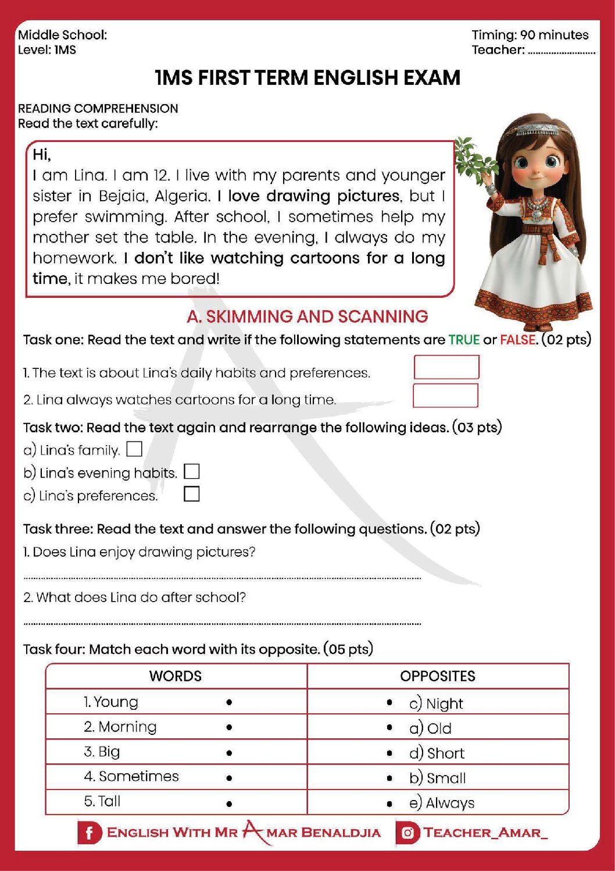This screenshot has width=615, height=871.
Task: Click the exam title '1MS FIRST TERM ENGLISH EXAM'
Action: click(307, 77)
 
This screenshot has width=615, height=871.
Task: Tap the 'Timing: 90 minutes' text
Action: click(530, 35)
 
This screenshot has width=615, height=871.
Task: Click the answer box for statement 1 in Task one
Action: click(446, 367)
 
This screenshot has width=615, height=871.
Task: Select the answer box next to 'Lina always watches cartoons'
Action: click(445, 396)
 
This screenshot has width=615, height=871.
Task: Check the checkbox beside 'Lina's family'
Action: click(134, 449)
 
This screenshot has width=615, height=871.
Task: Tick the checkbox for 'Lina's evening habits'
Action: click(191, 471)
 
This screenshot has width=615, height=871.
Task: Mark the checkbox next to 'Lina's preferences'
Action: click(191, 494)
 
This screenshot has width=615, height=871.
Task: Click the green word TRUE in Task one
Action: click(464, 340)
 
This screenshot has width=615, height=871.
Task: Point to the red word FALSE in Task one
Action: click(518, 340)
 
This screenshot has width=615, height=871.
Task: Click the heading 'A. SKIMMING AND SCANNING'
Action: click(307, 317)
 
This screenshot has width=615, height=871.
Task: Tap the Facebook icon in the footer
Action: click(89, 833)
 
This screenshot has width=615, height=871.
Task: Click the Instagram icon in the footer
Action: click(407, 833)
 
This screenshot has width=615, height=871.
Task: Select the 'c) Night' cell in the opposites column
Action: click(436, 703)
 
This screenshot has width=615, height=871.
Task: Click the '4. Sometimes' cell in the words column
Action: click(131, 776)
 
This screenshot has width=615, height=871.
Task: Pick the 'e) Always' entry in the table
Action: click(442, 803)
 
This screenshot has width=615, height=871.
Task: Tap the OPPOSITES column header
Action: click(437, 676)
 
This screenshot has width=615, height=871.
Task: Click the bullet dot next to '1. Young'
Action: click(230, 702)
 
